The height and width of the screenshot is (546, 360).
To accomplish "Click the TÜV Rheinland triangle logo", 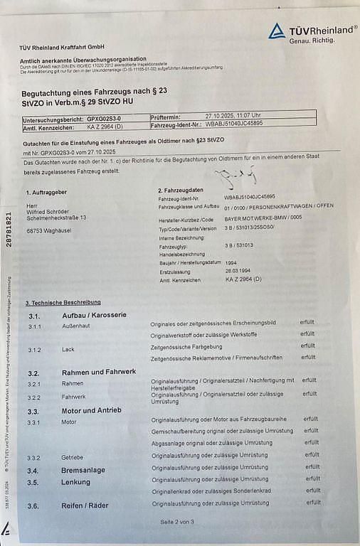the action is (277, 31).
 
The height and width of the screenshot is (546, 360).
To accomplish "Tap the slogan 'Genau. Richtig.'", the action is (312, 41).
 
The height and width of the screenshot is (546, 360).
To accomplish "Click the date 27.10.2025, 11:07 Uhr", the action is (233, 114).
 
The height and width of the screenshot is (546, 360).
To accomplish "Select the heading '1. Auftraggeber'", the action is (46, 193).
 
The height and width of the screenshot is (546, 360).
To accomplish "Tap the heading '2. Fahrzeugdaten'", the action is (181, 191).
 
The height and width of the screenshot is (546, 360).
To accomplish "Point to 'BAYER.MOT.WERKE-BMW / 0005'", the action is (262, 220).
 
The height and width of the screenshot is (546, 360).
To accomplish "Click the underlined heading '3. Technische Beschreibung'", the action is (63, 302).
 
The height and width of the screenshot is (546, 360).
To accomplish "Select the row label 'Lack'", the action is (68, 350).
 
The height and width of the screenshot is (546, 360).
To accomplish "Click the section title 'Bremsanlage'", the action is (83, 470).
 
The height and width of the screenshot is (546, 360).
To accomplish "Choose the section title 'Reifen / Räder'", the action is (86, 505).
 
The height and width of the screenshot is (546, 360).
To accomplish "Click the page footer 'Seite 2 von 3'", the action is (177, 522).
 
